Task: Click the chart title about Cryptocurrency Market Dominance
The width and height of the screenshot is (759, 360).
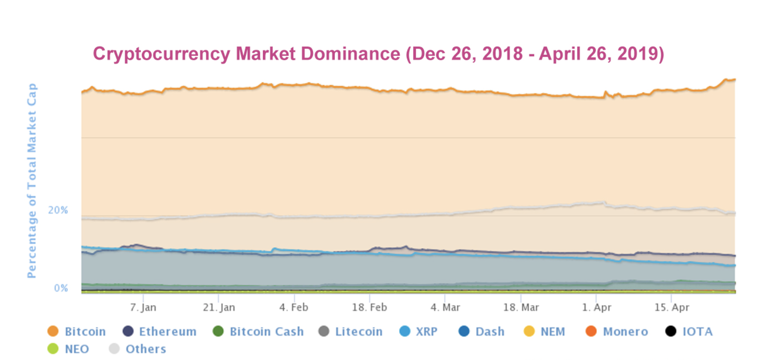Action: [378, 54]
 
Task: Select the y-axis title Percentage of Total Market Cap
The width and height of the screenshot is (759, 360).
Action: [32, 180]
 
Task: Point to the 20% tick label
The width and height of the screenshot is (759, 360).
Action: [58, 210]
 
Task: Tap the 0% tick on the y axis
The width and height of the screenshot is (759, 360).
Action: [61, 288]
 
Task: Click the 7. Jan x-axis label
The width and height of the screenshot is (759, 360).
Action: [143, 307]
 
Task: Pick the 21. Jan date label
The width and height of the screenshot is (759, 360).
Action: [219, 307]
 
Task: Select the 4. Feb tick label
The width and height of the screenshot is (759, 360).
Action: [294, 307]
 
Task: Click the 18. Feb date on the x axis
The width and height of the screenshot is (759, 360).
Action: [369, 307]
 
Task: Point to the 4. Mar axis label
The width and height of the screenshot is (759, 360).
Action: [445, 307]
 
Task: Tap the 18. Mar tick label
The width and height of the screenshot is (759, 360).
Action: [521, 307]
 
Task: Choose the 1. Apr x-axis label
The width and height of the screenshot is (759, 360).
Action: [596, 307]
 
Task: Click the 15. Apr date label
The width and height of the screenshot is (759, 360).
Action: [672, 307]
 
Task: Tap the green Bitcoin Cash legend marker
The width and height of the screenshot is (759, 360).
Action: [218, 331]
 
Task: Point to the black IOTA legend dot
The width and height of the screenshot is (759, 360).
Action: [671, 331]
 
